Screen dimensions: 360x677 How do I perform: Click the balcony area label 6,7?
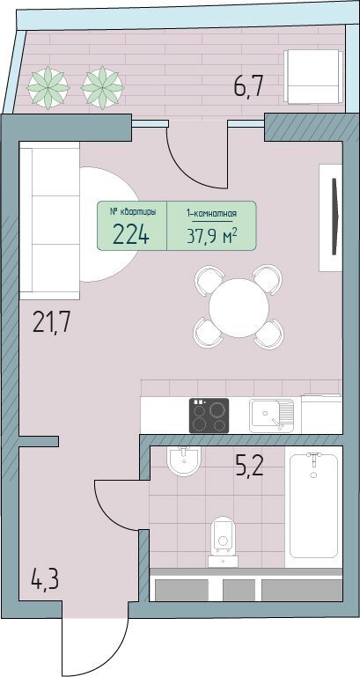(248, 87)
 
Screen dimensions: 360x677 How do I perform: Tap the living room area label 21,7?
(51, 322)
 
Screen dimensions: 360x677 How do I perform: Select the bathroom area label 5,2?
(249, 466)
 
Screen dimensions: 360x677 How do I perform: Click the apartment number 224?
(131, 235)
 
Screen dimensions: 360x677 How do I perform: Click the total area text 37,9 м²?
(212, 236)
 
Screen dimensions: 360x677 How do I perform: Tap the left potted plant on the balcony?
(48, 88)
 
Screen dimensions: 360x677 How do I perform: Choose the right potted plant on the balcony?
(102, 88)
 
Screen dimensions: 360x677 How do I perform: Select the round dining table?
(239, 307)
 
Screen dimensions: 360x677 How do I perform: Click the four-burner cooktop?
(209, 416)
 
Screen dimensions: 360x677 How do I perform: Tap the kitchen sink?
(271, 416)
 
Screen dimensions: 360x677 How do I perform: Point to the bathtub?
(313, 506)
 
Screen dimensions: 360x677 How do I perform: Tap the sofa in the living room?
(49, 221)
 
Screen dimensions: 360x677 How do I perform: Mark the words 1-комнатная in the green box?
(211, 213)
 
